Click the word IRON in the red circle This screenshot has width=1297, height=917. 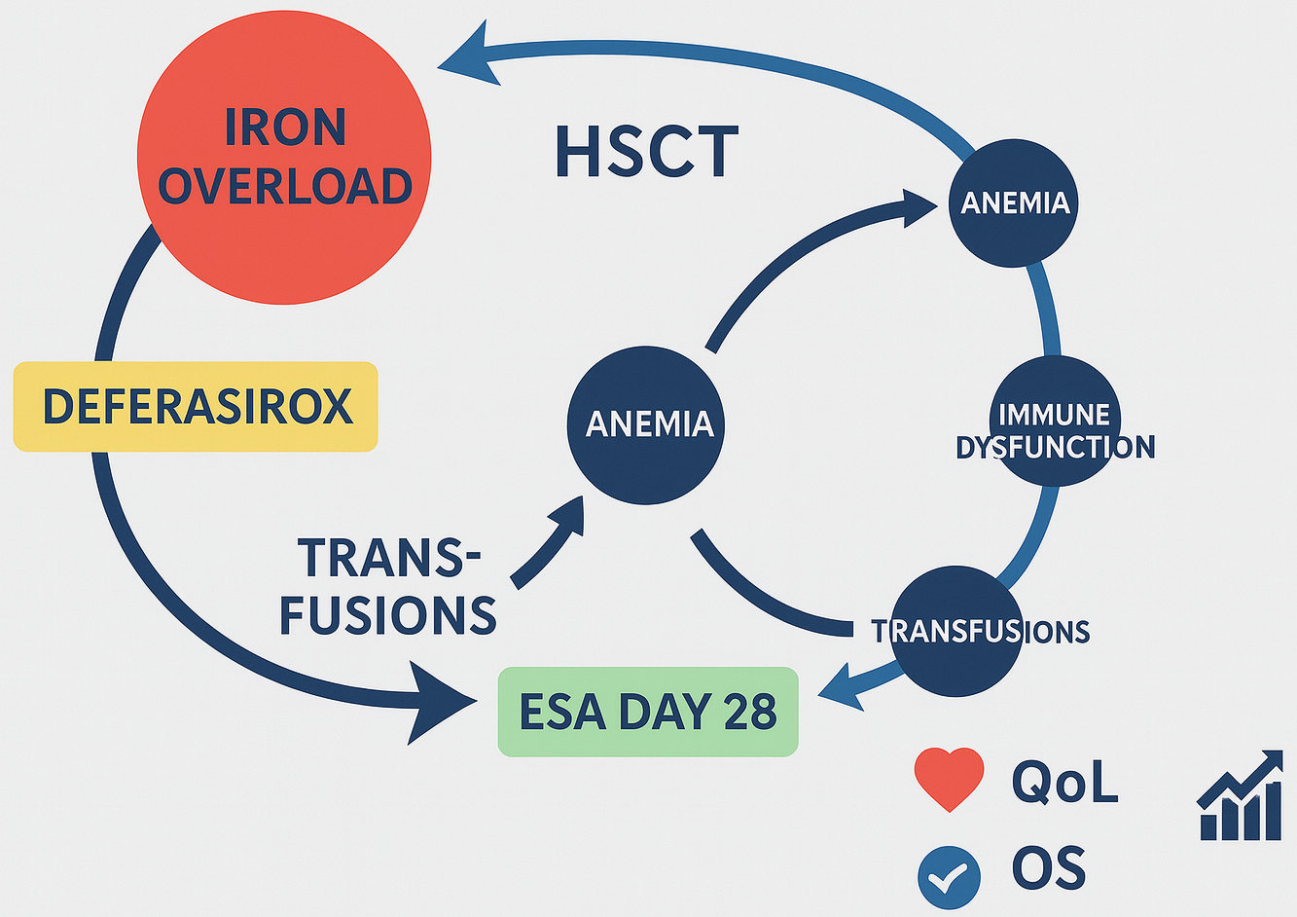click(284, 128)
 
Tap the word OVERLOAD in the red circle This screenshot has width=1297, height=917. click(284, 186)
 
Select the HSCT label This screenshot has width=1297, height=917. click(646, 153)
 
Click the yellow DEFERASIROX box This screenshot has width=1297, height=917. click(196, 406)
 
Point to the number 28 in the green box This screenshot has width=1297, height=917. click(749, 712)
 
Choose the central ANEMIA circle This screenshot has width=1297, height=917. click(648, 424)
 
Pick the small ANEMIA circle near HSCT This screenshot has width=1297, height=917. click(1014, 202)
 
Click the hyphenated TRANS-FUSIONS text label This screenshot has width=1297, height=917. click(389, 586)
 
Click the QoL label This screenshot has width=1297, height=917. click(1064, 781)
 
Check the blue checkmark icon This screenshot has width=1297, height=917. click(949, 877)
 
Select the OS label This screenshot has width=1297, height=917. click(1049, 869)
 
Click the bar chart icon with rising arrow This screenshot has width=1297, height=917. click(1240, 796)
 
